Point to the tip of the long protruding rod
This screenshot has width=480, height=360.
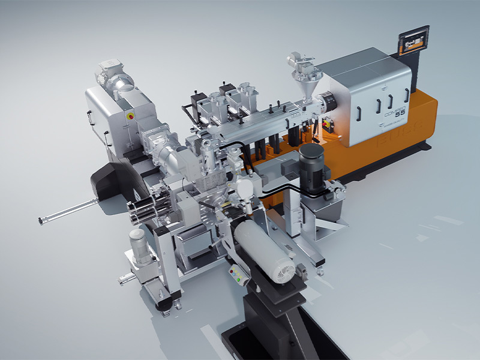41,221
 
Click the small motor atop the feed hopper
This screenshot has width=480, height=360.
299,61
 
